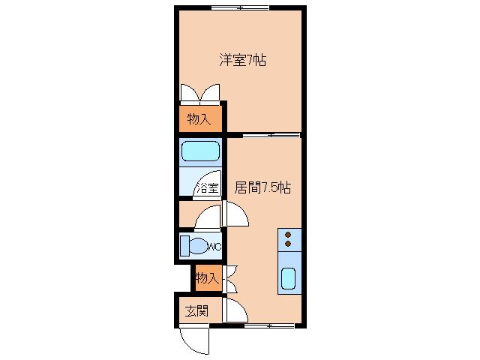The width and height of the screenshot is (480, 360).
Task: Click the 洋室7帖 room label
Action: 242,60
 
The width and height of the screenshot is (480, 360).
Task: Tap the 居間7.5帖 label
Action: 262,187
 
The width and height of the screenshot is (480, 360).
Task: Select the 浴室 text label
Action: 208,188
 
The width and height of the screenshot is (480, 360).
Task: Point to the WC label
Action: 214,247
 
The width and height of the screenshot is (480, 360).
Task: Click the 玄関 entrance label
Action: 196,311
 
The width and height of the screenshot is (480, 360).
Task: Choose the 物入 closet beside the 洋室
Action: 200,119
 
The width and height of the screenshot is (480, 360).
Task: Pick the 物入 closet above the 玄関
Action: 208,278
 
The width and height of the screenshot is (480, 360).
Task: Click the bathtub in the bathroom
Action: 201,151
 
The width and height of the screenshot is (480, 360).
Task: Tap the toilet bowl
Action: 198,246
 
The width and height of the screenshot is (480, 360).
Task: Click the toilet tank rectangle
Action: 184,245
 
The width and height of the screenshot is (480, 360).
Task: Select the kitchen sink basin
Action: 288,278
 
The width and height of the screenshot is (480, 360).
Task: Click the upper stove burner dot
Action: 288,235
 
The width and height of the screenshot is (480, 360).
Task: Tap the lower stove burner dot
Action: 288,244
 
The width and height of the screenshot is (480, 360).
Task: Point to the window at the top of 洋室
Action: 240,8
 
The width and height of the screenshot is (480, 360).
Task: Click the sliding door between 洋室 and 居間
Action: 271,135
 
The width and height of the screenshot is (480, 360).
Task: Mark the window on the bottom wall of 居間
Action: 269,326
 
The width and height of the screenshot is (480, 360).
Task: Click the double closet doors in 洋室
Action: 200,92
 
